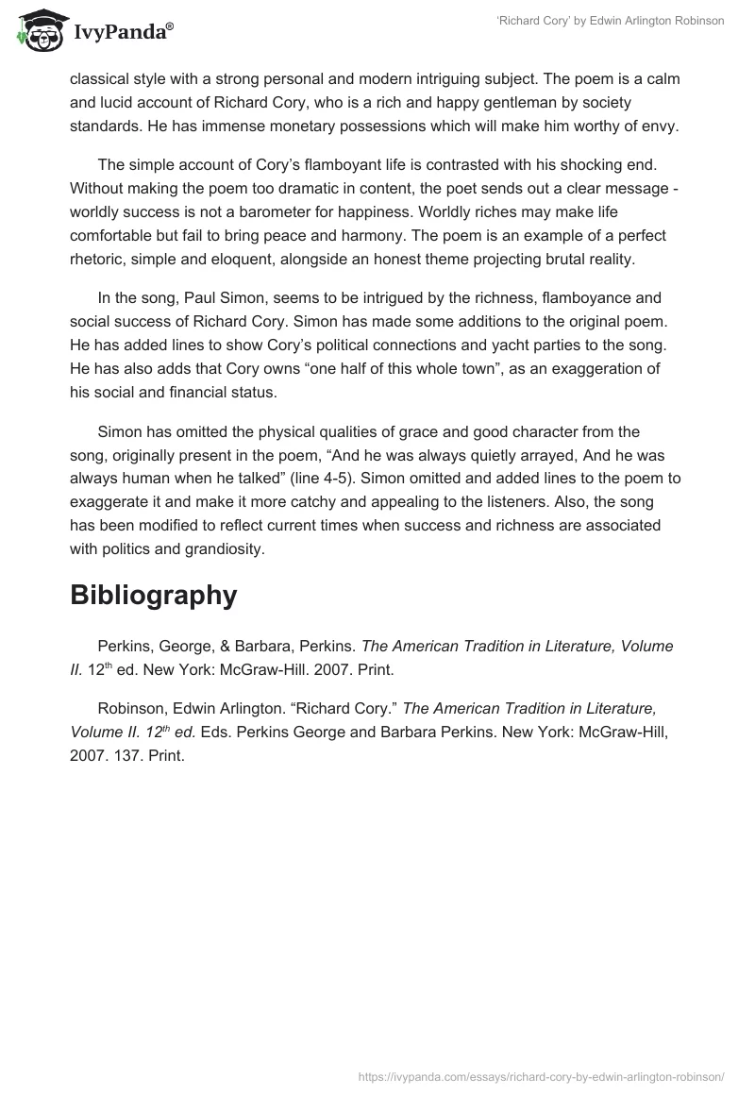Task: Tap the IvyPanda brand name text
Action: coord(122,32)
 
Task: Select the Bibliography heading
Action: coord(153,595)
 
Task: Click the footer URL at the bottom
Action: coord(543,1075)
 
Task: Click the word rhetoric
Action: coord(99,260)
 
